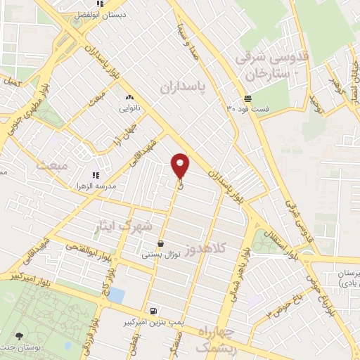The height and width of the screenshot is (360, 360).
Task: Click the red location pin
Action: (181, 165)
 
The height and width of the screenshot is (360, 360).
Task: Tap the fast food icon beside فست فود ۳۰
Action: (247, 98)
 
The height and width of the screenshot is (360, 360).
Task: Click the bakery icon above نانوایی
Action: (129, 98)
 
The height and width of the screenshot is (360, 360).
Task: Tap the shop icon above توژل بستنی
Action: (162, 243)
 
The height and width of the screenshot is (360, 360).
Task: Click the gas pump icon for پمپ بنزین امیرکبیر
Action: (153, 310)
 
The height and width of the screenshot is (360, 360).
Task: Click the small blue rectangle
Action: (116, 295)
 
